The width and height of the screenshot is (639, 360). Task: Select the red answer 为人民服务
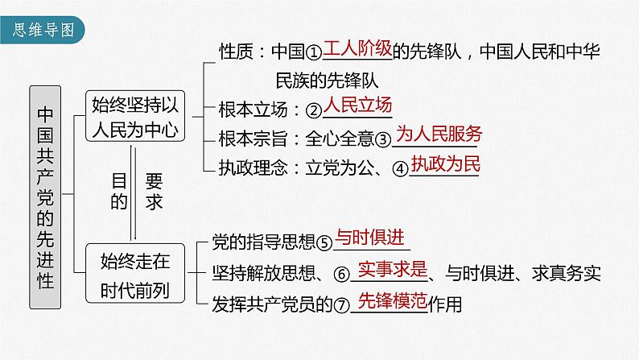point(439,135)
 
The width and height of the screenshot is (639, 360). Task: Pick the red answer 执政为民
point(445,164)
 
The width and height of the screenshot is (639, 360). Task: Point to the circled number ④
point(400,168)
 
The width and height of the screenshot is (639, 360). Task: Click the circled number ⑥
point(341,274)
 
